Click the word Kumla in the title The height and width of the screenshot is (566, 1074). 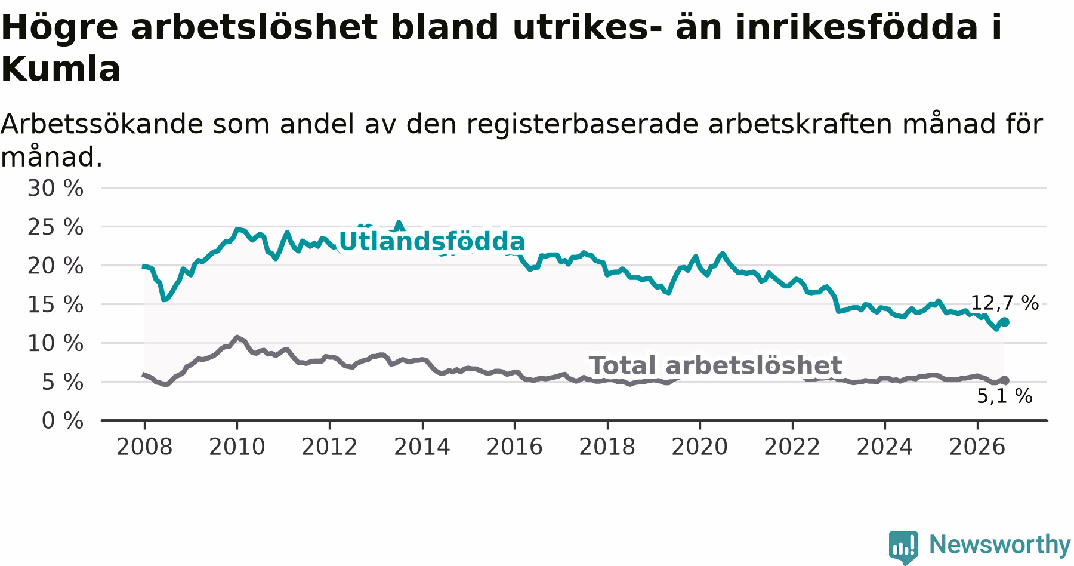61,69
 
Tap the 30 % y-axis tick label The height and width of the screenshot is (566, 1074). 55,188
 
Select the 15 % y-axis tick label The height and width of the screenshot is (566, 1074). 55,304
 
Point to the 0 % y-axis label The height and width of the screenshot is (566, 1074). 63,420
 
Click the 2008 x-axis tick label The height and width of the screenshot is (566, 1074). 144,447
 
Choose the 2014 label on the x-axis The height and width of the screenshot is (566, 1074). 422,447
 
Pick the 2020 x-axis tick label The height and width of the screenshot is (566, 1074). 700,447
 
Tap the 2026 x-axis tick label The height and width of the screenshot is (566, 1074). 977,447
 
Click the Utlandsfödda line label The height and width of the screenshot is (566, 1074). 431,242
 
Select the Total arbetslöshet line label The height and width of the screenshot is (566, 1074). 715,365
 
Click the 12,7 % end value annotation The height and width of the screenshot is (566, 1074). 1005,303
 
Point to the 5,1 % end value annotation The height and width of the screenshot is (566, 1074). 1005,396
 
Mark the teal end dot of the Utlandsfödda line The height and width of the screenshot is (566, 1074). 1005,322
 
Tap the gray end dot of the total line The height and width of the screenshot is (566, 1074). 1005,380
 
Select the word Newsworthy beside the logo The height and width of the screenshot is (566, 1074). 1000,545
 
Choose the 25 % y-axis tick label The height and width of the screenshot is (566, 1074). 55,227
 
